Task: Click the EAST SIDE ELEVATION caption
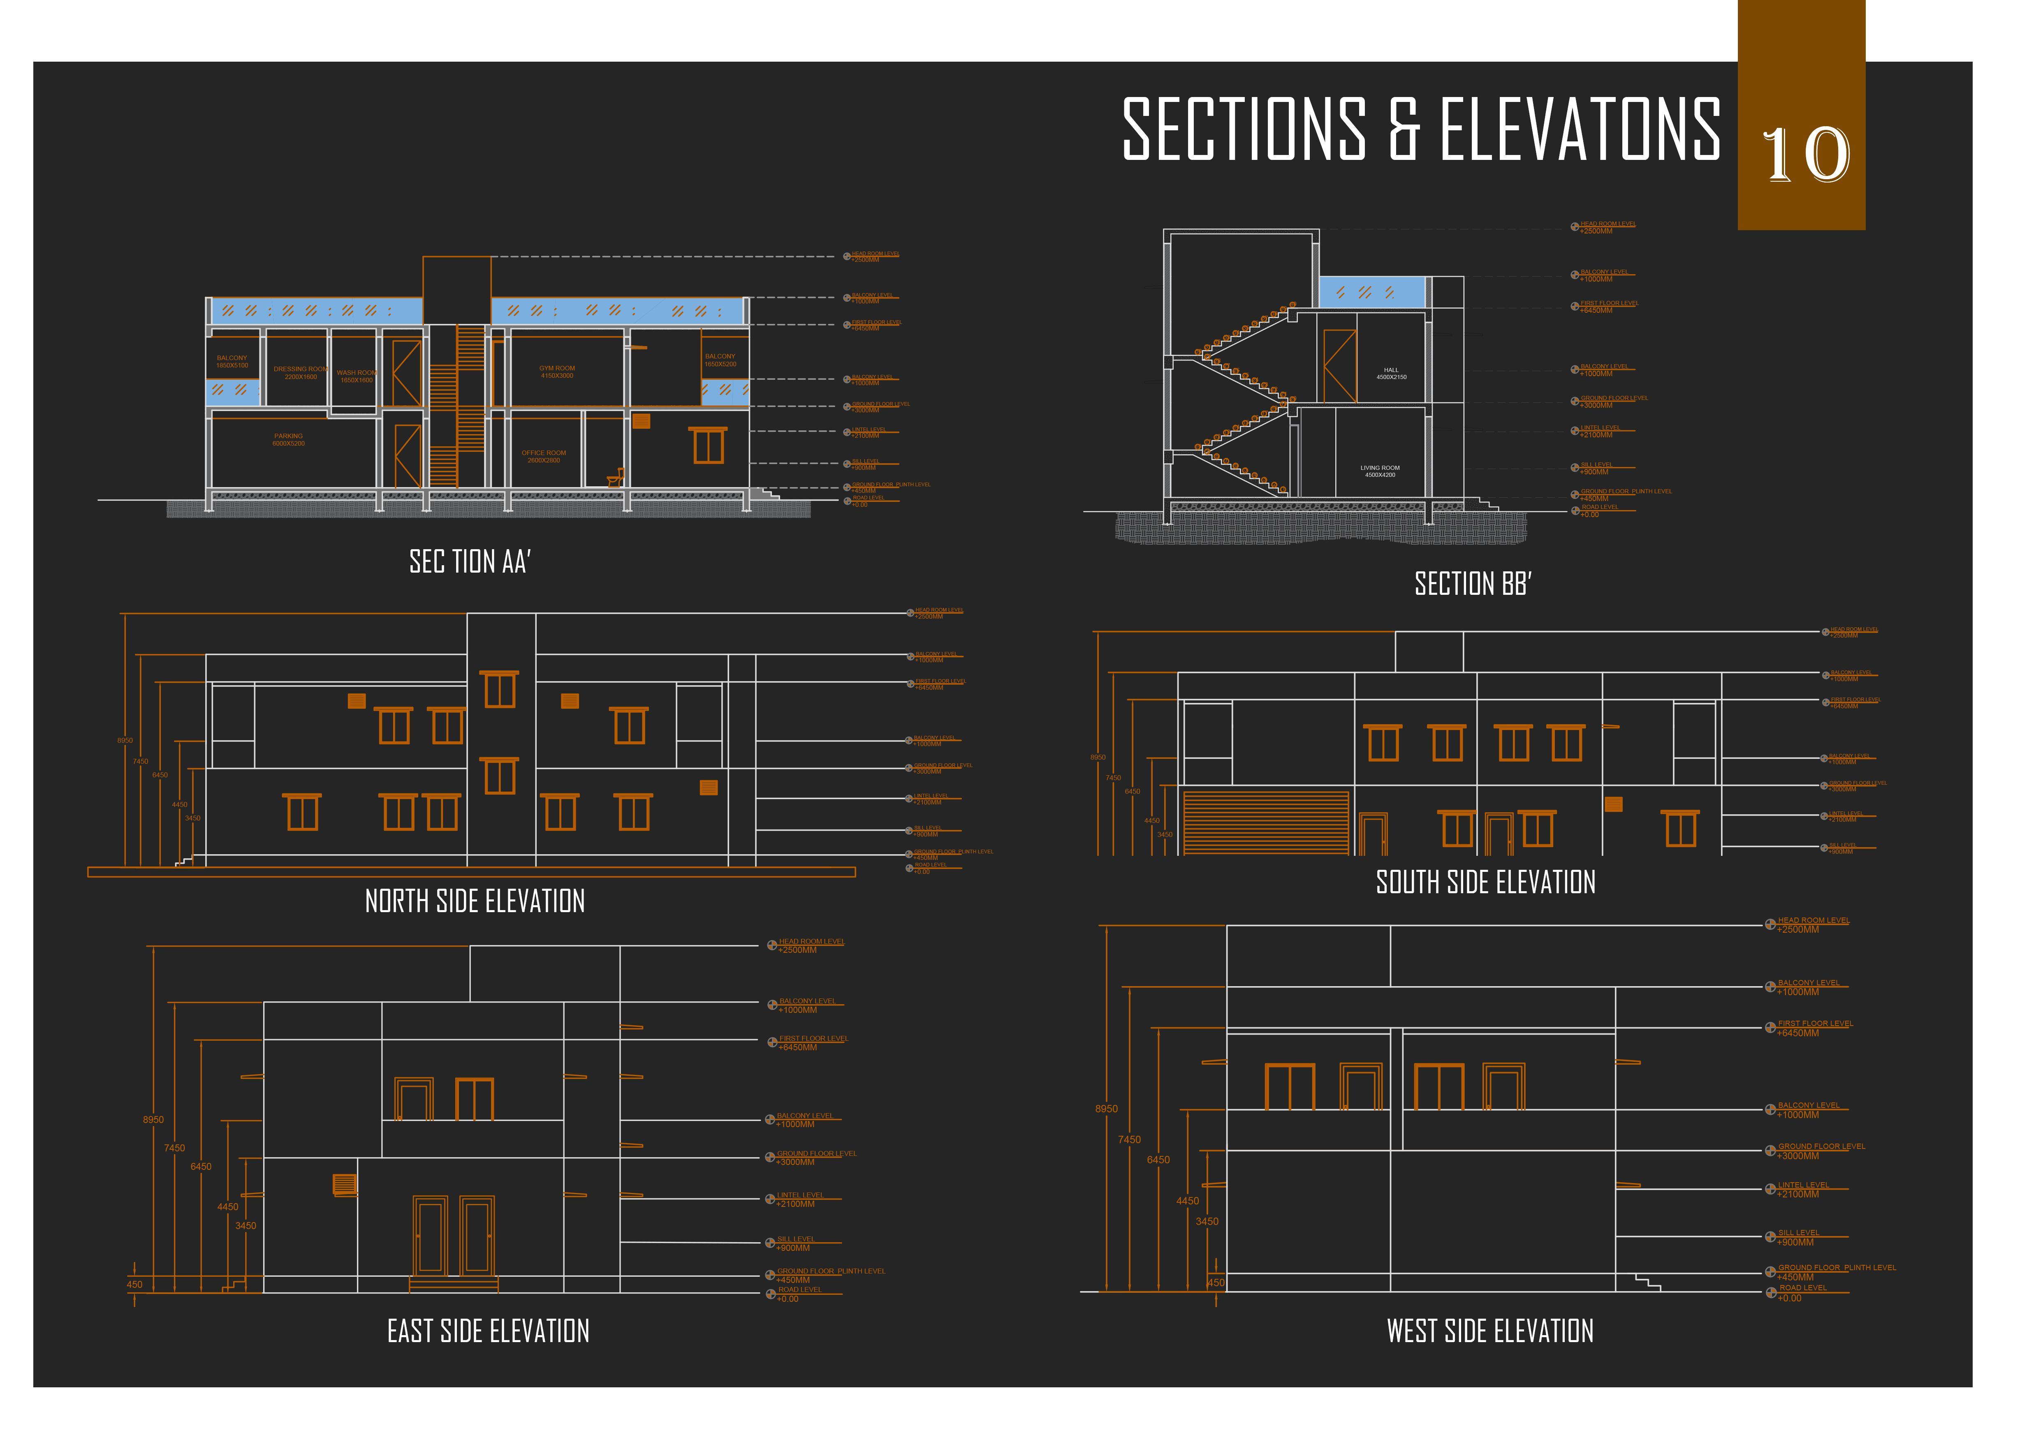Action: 489,1332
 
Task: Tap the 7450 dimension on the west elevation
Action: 1129,1139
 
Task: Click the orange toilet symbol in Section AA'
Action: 616,478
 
